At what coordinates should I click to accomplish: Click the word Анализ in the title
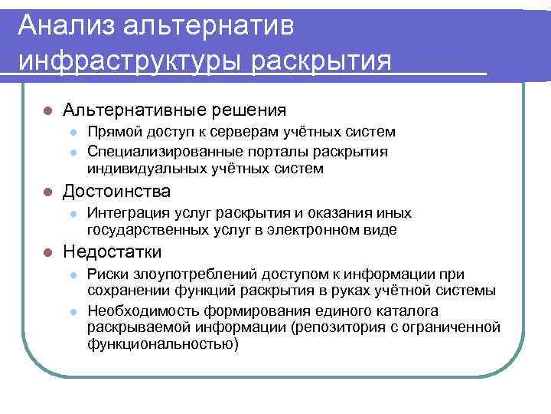(x=63, y=25)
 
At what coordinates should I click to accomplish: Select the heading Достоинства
(x=117, y=190)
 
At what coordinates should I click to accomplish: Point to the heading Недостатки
(x=112, y=251)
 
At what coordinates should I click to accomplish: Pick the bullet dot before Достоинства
(x=47, y=191)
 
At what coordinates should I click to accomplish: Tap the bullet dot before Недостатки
(x=47, y=252)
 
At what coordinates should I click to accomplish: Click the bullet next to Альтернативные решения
(x=47, y=111)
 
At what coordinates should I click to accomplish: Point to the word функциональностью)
(x=163, y=344)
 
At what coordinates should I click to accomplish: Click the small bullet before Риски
(x=73, y=274)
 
